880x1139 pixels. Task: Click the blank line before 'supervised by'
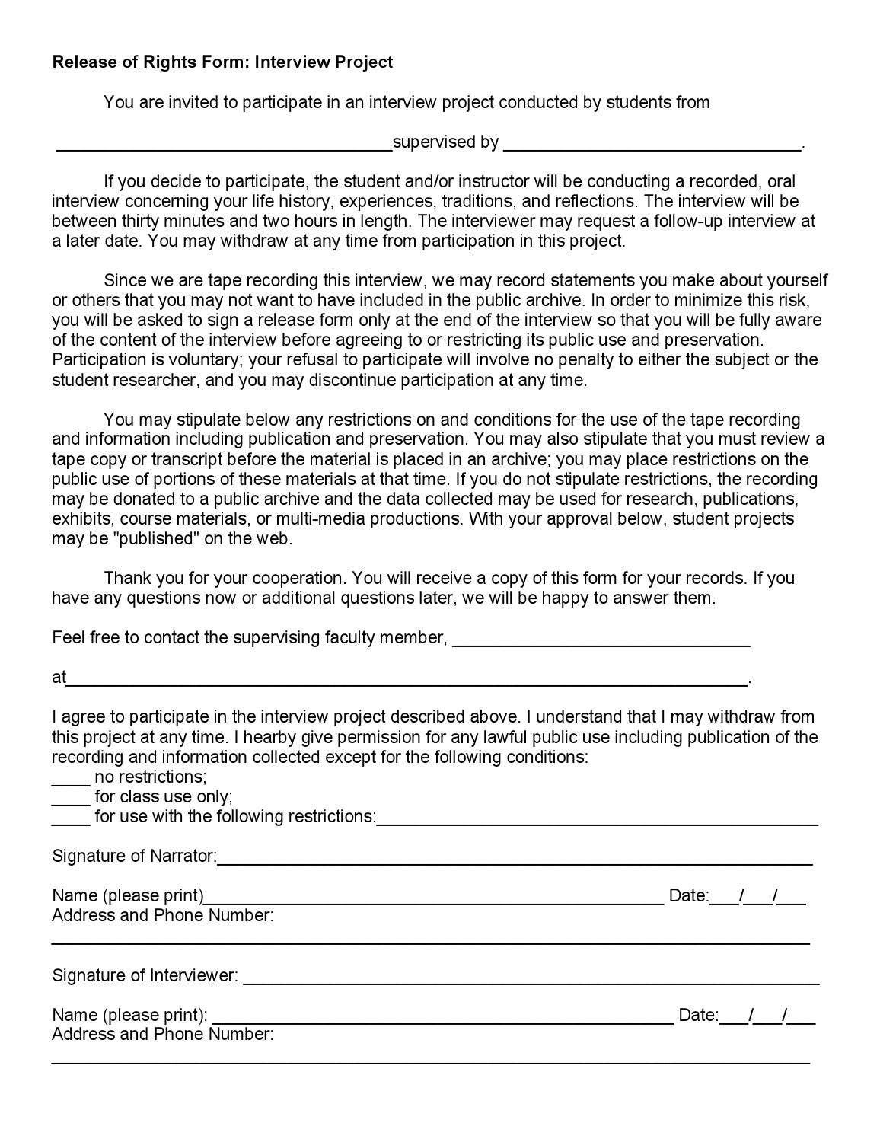click(x=225, y=147)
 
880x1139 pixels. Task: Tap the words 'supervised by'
click(x=446, y=142)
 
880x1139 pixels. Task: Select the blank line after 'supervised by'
click(x=652, y=147)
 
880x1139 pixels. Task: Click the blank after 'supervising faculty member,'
click(x=601, y=643)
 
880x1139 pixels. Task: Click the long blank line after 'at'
click(x=407, y=683)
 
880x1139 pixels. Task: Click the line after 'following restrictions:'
click(x=598, y=822)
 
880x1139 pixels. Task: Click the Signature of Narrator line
click(x=515, y=862)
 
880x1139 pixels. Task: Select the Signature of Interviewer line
click(x=531, y=981)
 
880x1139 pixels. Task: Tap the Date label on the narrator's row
click(x=688, y=895)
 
